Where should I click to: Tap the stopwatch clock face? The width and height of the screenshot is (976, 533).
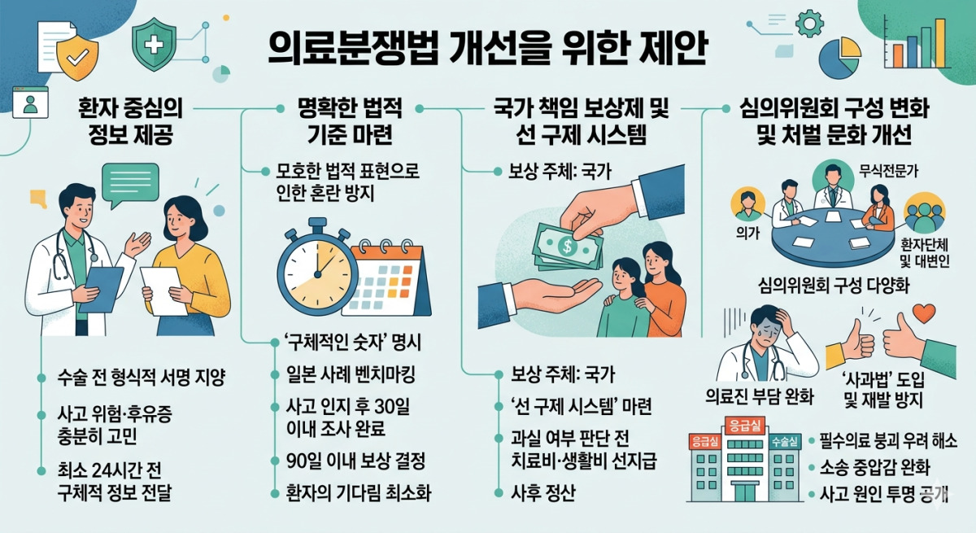[x=318, y=274]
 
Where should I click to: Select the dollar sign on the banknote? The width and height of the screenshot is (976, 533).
[x=567, y=247]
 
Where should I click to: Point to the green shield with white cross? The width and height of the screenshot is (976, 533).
[x=154, y=45]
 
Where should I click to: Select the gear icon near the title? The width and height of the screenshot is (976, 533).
[x=809, y=24]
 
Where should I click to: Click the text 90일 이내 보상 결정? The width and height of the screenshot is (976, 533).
[x=356, y=461]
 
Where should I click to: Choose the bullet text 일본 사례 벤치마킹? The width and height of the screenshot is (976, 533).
[x=351, y=374]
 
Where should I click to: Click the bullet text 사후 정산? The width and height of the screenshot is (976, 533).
[x=543, y=493]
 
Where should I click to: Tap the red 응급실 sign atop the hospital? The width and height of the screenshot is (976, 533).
[x=746, y=426]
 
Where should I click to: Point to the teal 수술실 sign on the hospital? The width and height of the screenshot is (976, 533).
[x=785, y=442]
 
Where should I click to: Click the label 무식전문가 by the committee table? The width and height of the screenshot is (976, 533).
[x=888, y=171]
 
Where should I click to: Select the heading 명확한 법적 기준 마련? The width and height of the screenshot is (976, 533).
[x=350, y=121]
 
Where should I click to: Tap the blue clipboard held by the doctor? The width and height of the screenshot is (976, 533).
[x=101, y=290]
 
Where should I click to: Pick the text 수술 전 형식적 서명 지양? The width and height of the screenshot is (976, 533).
[x=142, y=378]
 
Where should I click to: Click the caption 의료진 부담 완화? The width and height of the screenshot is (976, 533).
[x=760, y=396]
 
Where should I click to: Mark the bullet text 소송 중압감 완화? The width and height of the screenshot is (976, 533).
[x=875, y=468]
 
